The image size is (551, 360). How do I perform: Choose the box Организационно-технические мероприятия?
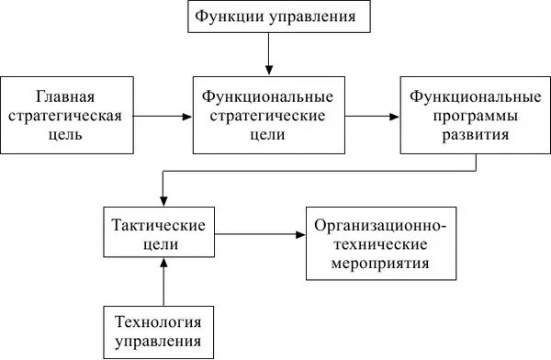pos(380,242)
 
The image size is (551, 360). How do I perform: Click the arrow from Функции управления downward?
pos(268,55)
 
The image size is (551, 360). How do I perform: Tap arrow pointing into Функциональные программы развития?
pos(373,117)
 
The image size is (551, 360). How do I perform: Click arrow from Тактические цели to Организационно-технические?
pos(261,235)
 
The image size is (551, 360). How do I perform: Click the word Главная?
pos(66,96)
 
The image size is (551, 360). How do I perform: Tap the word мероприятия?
pos(380,263)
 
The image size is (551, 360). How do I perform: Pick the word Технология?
pos(158,321)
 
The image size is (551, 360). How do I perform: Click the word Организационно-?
pos(380,225)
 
